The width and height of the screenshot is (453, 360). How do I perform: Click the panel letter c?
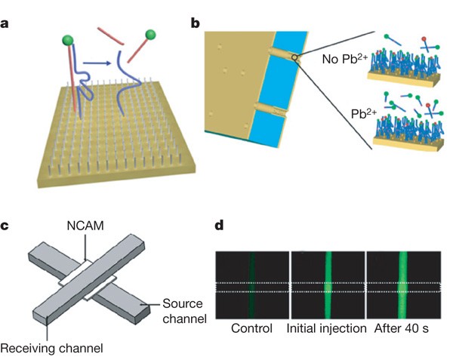tap(7, 225)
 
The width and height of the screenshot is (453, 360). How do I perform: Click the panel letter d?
tap(220, 225)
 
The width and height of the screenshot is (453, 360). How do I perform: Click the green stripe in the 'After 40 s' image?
tap(402, 283)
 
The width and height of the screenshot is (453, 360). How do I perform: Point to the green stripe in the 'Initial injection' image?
tap(328, 283)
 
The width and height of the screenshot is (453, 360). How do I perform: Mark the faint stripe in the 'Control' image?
tap(252, 283)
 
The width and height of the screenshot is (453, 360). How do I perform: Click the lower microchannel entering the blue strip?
tap(273, 112)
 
